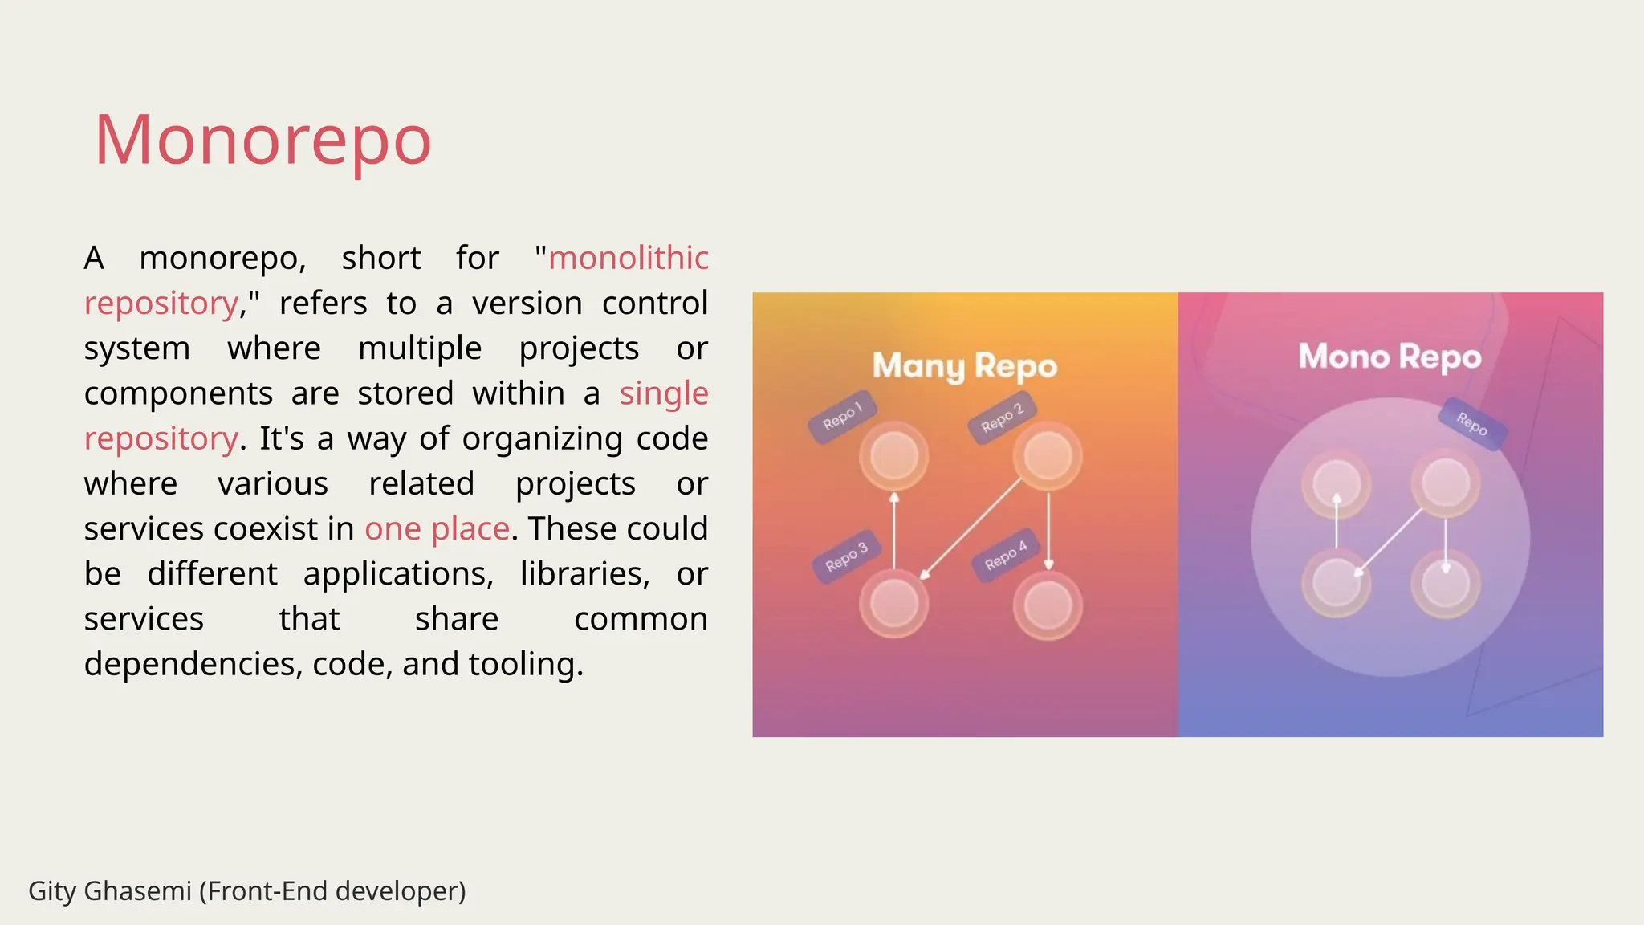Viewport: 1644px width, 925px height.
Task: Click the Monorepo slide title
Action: (263, 140)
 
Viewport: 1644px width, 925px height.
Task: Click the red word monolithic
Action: (628, 258)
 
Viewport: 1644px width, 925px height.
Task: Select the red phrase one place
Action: (437, 528)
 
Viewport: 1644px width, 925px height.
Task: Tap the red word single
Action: (664, 393)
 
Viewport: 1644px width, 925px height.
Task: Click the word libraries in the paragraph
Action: (584, 573)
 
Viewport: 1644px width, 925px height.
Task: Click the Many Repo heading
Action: (964, 366)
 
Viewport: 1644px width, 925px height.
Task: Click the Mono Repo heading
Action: (1390, 357)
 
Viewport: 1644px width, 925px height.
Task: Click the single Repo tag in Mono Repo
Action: (1471, 423)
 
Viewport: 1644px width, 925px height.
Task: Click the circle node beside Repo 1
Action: (893, 455)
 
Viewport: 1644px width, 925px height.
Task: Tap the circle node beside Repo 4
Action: (1048, 605)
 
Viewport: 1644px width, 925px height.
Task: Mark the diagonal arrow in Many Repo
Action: (971, 528)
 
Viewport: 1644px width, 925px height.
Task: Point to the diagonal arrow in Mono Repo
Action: (1389, 542)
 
